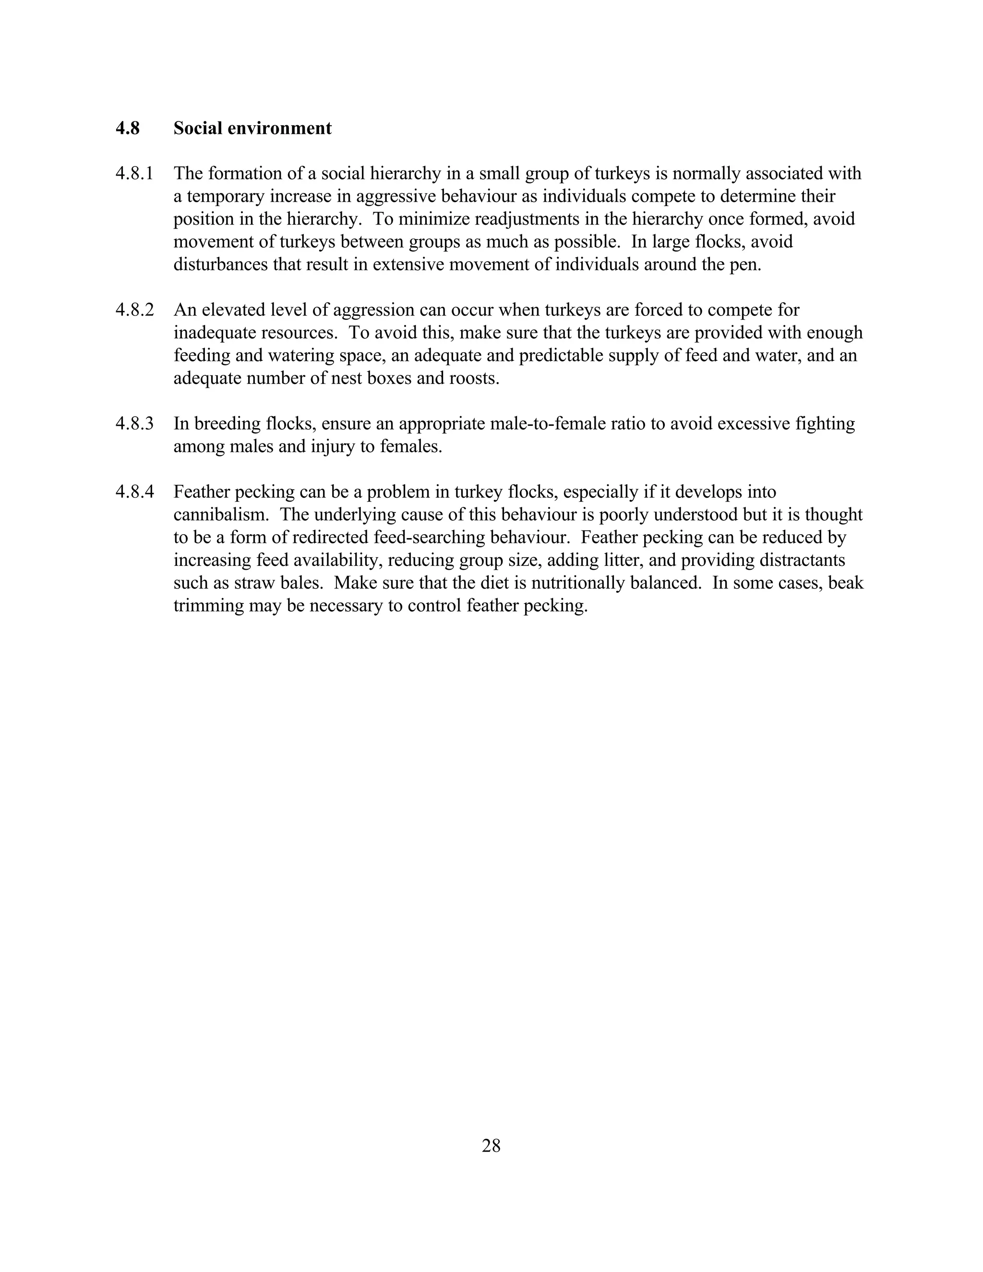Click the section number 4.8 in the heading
click(x=128, y=128)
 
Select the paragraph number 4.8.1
click(x=134, y=174)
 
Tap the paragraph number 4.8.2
click(x=134, y=310)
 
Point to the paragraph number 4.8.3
click(x=134, y=423)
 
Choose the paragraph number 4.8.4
click(x=134, y=492)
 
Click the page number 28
click(x=491, y=1146)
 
